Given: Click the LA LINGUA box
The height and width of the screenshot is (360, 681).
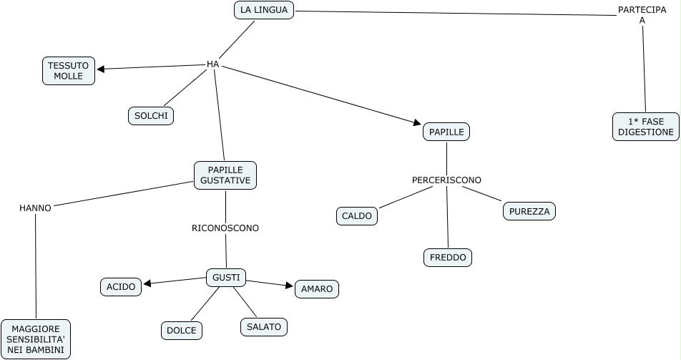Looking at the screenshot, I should click(264, 10).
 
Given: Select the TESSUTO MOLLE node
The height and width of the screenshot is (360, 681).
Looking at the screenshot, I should click(69, 70).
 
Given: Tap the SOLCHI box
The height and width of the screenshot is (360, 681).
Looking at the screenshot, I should click(151, 115).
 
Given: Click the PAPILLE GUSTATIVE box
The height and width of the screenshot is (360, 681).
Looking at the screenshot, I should click(225, 175).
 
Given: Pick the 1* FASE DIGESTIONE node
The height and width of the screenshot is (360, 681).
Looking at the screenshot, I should click(645, 127).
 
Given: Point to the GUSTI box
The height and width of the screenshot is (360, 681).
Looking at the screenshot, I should click(226, 277).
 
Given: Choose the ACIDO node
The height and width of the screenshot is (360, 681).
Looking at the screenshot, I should click(121, 287).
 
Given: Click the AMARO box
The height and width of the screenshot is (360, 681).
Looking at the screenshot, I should click(317, 288).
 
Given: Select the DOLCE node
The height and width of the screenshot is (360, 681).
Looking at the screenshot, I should click(181, 330).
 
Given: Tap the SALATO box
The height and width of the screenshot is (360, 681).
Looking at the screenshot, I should click(264, 326).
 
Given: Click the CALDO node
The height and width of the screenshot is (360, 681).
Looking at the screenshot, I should click(356, 215).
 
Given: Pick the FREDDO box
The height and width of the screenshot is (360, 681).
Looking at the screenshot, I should click(448, 257).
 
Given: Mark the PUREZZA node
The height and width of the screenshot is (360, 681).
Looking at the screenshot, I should click(530, 211).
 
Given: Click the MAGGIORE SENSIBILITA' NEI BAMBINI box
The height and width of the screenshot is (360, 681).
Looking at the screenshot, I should click(36, 339).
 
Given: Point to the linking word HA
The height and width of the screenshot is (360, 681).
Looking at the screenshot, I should click(212, 64).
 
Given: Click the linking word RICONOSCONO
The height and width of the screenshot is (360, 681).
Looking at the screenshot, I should click(225, 228).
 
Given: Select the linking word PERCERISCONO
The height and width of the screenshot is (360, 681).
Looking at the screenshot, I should click(446, 180).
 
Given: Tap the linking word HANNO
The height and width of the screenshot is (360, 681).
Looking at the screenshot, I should click(35, 208).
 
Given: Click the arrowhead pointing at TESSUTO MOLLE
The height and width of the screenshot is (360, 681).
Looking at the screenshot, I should click(101, 69).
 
